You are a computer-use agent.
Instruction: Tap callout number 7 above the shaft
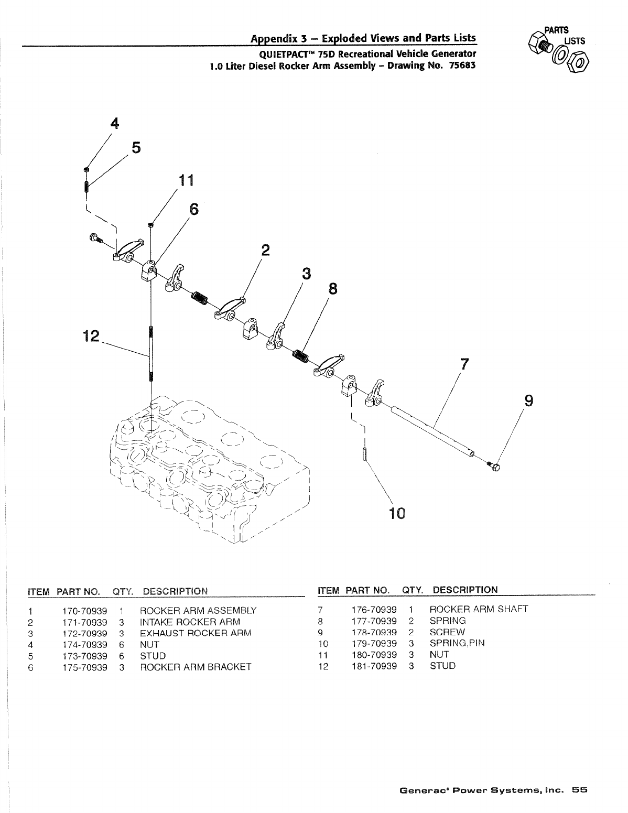463,363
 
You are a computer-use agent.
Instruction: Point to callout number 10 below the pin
397,513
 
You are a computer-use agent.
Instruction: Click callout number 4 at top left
114,123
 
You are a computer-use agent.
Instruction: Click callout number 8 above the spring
332,289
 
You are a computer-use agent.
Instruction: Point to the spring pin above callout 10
363,453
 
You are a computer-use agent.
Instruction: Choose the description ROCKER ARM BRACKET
195,667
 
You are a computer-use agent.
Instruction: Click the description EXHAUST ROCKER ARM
195,633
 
